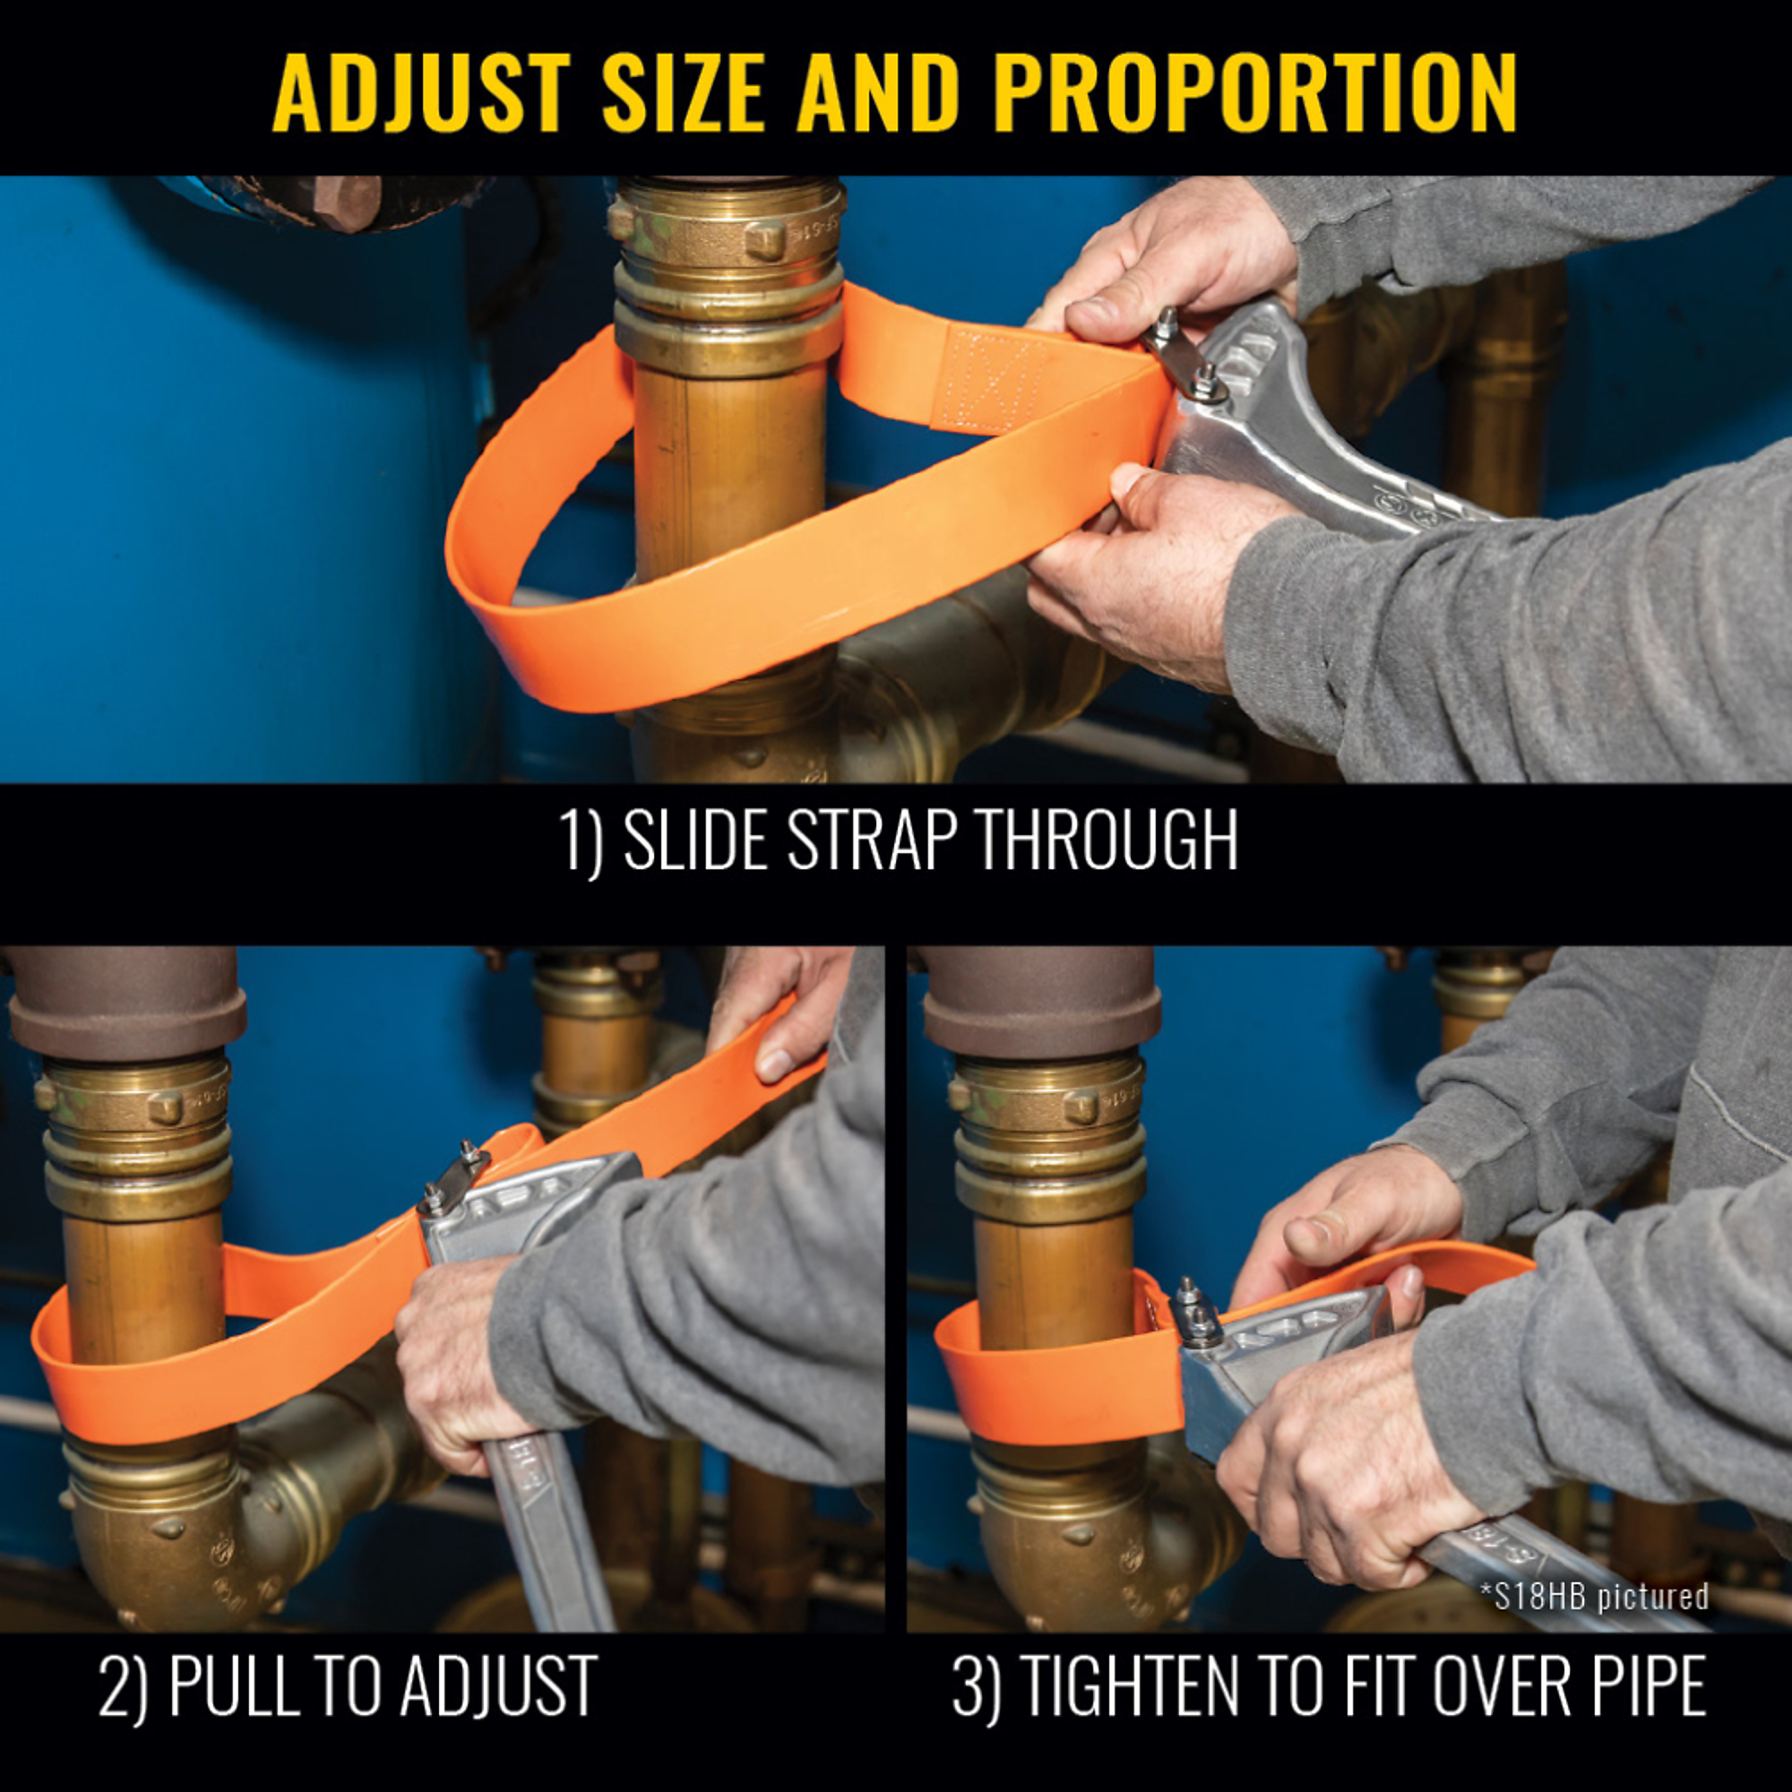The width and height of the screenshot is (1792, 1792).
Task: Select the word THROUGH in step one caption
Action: [1108, 840]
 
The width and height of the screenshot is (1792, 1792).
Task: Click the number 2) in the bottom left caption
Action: [123, 1685]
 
